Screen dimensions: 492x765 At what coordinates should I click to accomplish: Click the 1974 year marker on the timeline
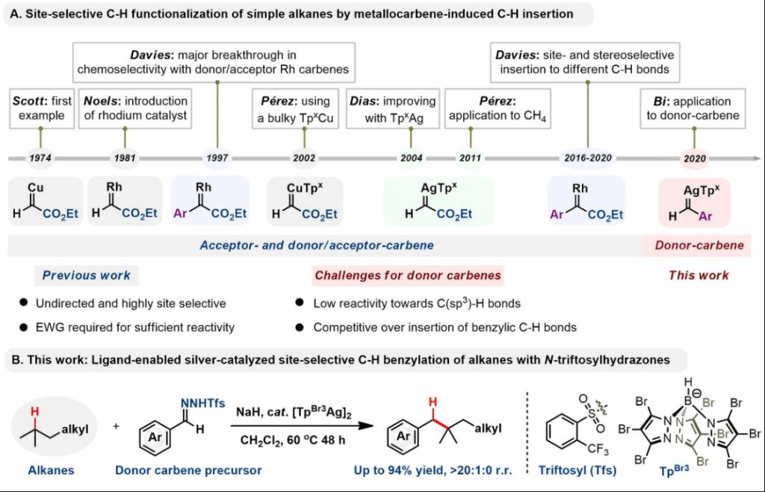click(40, 158)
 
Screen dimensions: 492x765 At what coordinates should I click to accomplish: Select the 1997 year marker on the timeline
click(217, 158)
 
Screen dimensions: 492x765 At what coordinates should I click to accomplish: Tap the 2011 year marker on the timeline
click(471, 158)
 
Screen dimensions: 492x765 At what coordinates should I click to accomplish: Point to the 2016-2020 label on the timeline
click(588, 158)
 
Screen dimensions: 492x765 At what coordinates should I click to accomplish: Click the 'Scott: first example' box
click(40, 108)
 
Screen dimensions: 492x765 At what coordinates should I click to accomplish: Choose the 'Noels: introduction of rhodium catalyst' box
click(125, 108)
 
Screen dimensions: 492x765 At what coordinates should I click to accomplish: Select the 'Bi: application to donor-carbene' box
click(696, 108)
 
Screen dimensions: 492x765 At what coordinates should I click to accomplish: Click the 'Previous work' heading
click(87, 275)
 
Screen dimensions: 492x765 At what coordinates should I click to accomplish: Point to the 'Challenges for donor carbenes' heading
click(408, 275)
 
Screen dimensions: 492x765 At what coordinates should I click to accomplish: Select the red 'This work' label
click(698, 275)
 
